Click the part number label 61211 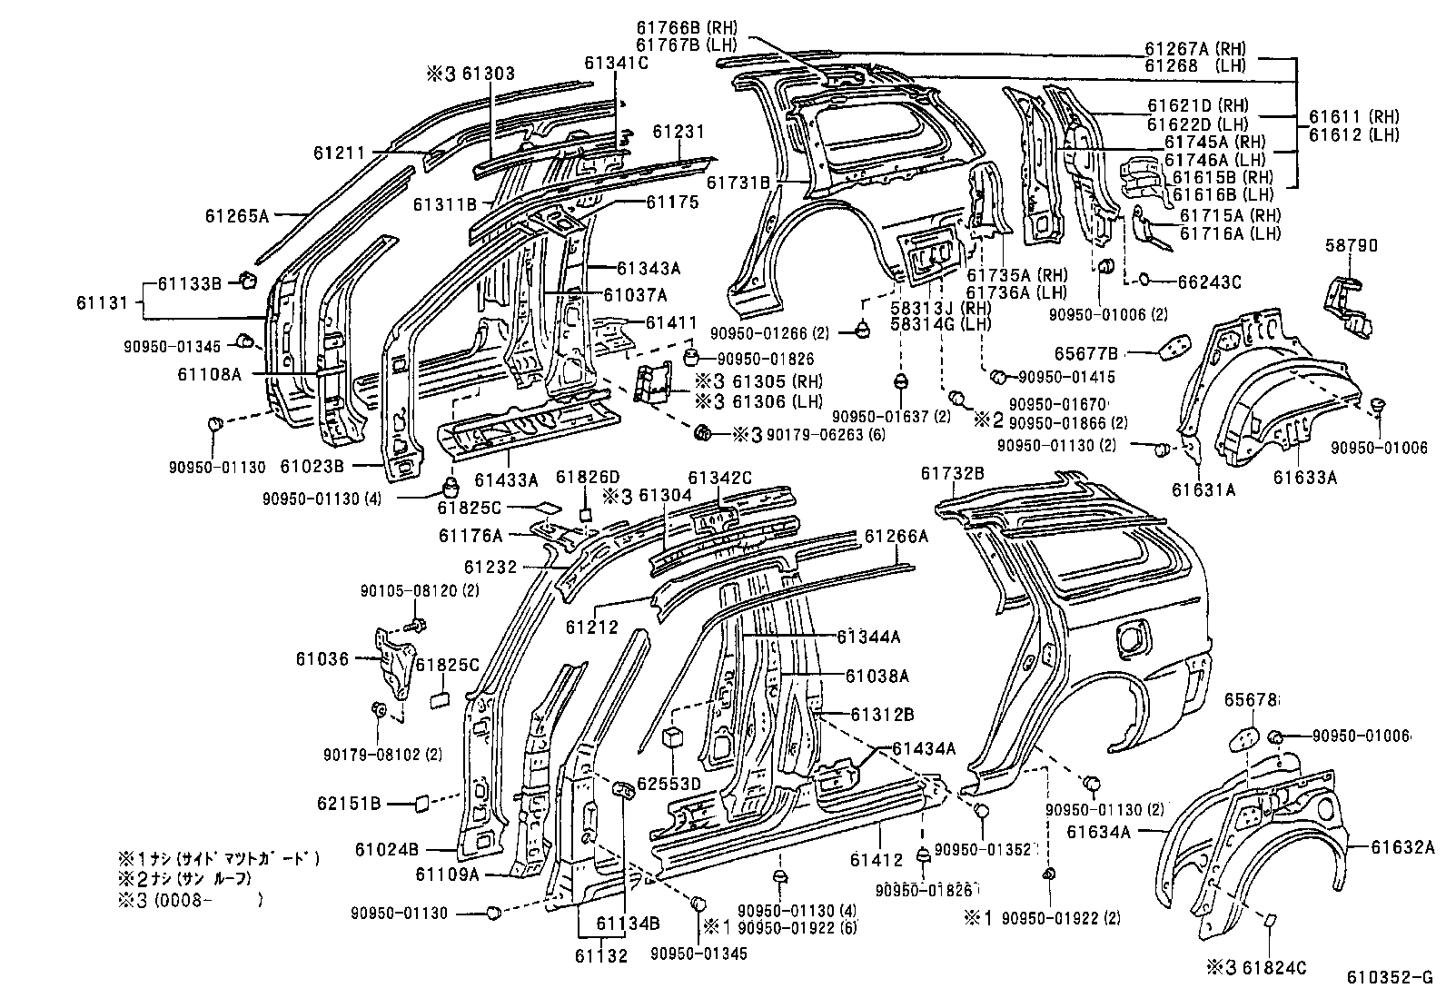pyautogui.click(x=338, y=153)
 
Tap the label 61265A pyautogui.click(x=236, y=215)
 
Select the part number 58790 pyautogui.click(x=1351, y=245)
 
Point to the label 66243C pyautogui.click(x=1202, y=282)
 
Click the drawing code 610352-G pyautogui.click(x=1389, y=978)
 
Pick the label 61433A pyautogui.click(x=506, y=479)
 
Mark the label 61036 pyautogui.click(x=322, y=658)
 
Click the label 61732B pyautogui.click(x=952, y=473)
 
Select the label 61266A pyautogui.click(x=896, y=537)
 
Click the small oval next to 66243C pyautogui.click(x=1143, y=281)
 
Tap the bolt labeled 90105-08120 pyautogui.click(x=419, y=625)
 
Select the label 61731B pyautogui.click(x=738, y=183)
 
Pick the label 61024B pyautogui.click(x=386, y=849)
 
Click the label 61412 pyautogui.click(x=877, y=859)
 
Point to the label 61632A pyautogui.click(x=1402, y=847)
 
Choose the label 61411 pyautogui.click(x=672, y=322)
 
